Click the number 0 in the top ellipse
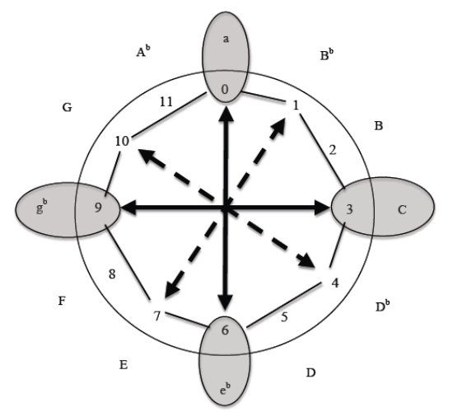pos(225,90)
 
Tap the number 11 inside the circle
pos(166,102)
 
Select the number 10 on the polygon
pos(122,142)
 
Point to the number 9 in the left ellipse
pos(98,208)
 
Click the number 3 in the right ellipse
pos(349,209)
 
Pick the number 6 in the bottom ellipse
pos(225,330)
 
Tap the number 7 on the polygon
pos(156,316)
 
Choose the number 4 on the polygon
pos(335,283)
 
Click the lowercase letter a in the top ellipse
pos(226,39)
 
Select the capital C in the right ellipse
pos(402,210)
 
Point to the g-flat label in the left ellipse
pos(42,206)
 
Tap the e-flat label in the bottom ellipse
pos(226,389)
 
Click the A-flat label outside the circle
pos(143,51)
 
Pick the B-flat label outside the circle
pos(327,54)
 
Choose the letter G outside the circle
pos(68,108)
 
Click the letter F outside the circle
pos(62,301)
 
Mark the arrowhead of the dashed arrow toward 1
pos(278,126)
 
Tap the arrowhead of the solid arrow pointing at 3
pos(322,208)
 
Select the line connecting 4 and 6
pos(284,306)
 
